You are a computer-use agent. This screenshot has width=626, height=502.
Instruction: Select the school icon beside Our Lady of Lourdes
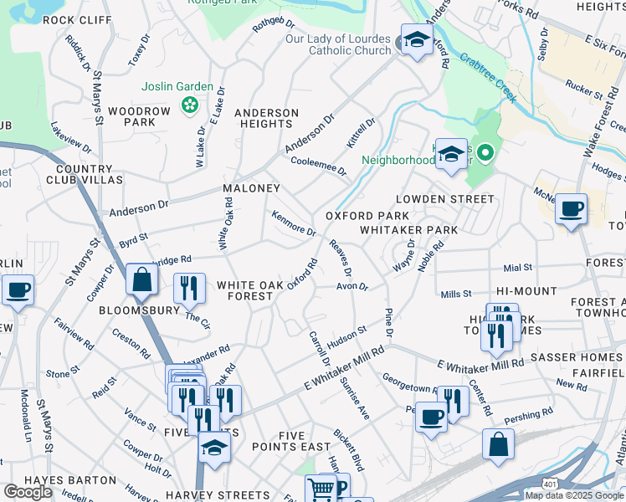click(x=416, y=40)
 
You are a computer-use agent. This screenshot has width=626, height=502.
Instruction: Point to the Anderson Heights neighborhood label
click(x=266, y=118)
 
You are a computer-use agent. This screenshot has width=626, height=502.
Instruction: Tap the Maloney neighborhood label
click(x=250, y=188)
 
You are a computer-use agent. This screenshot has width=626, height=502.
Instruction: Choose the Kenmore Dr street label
click(x=293, y=223)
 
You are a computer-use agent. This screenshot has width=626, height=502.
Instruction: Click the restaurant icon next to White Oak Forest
click(x=189, y=289)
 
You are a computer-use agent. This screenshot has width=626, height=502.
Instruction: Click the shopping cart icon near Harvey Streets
click(x=320, y=489)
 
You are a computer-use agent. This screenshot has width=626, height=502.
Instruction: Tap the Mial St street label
click(x=518, y=268)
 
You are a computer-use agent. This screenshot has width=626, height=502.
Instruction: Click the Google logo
click(x=28, y=491)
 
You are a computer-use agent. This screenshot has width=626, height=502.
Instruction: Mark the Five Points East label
click(x=293, y=441)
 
